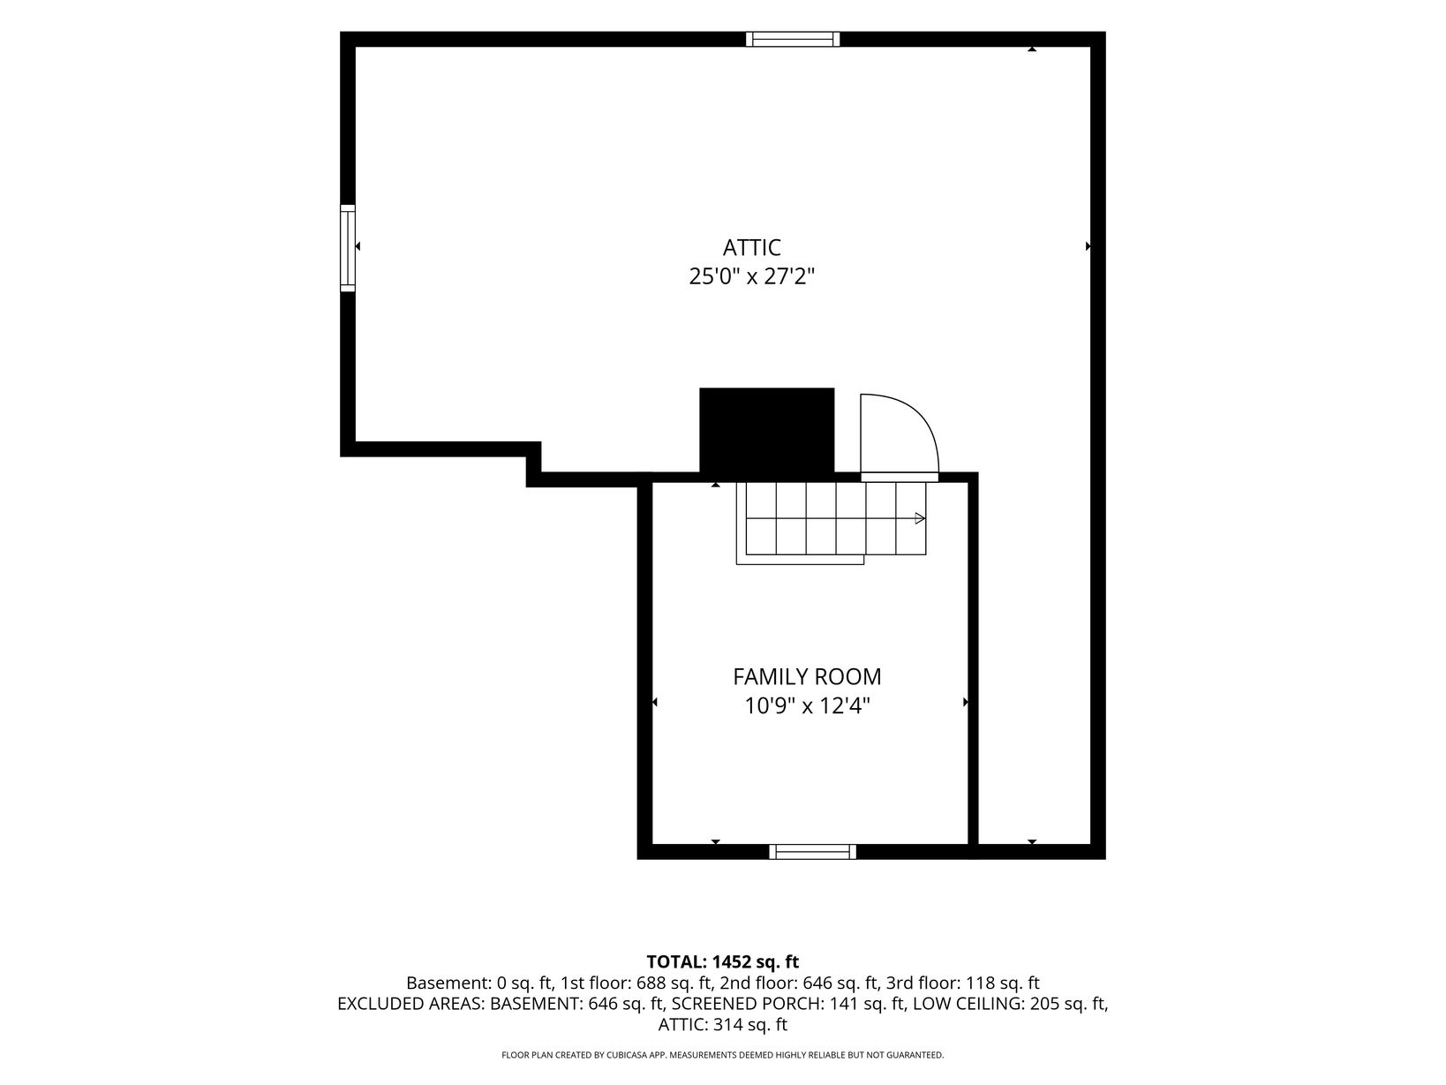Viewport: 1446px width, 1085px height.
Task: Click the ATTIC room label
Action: (751, 248)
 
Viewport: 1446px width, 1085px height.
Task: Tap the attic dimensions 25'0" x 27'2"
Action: (751, 276)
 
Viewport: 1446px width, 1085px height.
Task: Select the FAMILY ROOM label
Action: (807, 676)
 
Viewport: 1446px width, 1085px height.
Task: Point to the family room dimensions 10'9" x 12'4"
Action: (807, 706)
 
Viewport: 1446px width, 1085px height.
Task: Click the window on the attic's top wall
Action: (793, 40)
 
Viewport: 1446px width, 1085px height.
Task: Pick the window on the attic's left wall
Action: (348, 248)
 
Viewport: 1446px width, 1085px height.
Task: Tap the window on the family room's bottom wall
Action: (813, 852)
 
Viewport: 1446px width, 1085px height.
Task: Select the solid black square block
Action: (767, 434)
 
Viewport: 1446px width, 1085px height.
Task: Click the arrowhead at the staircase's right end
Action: (920, 518)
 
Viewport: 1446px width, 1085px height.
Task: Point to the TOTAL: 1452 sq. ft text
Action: (723, 961)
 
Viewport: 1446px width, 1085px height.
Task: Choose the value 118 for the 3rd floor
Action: (979, 983)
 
